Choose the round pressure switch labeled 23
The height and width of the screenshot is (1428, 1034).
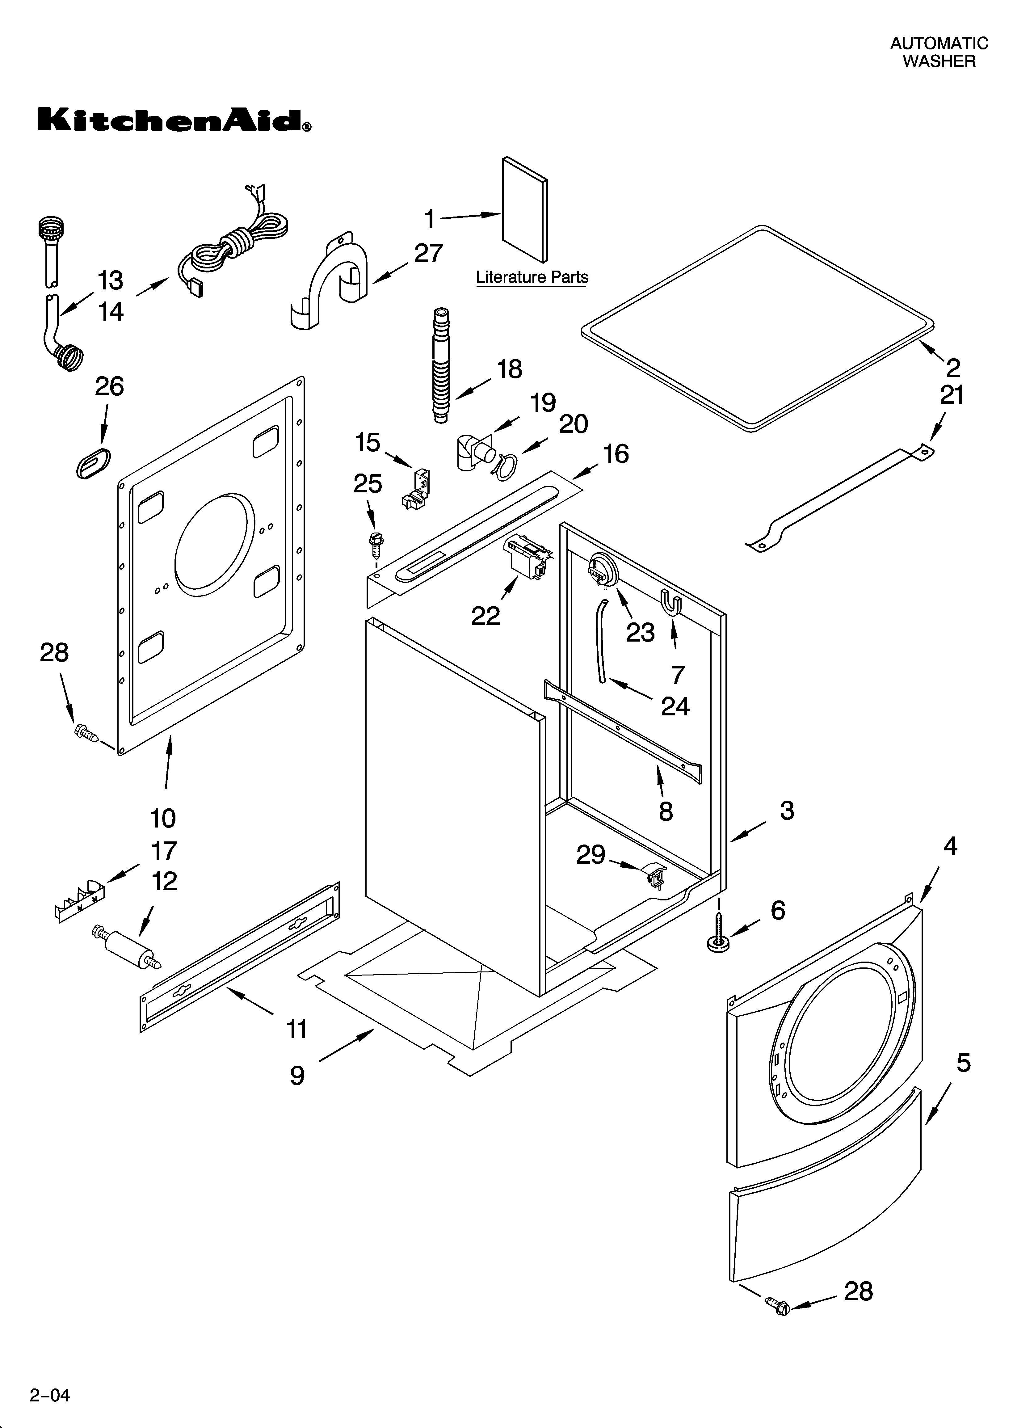tap(601, 569)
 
